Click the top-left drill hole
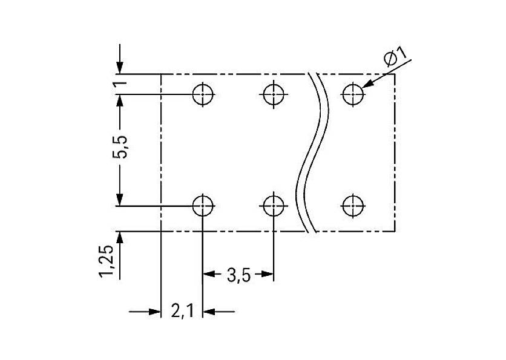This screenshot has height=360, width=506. coord(203,94)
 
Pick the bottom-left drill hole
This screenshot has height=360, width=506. coord(203,206)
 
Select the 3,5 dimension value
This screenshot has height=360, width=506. coord(238,276)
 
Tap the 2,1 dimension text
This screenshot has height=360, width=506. coord(182,312)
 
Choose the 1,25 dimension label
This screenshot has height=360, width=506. coord(110,262)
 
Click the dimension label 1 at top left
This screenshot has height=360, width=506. coord(121,83)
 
